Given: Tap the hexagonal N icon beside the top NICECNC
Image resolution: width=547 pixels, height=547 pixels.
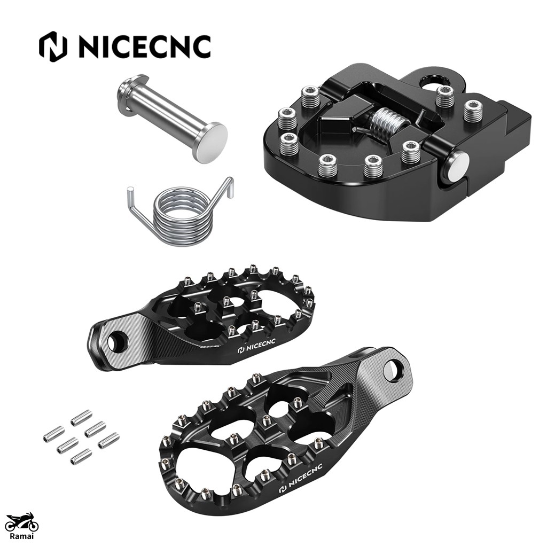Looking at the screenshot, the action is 53,47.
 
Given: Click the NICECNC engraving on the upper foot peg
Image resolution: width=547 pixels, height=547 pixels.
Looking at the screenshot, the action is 256,348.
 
